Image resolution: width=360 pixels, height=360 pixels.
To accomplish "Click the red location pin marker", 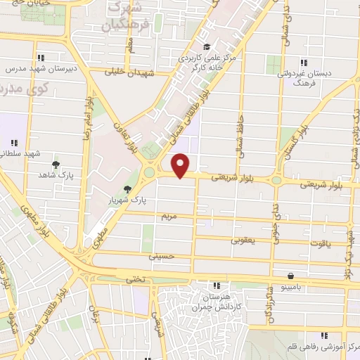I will (x=181, y=165).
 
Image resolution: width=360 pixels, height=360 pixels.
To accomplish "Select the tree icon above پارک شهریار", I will (x=127, y=188).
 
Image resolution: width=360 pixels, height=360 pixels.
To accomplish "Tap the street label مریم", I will (x=167, y=214).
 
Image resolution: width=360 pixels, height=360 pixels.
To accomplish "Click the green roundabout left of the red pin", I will (x=148, y=172).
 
